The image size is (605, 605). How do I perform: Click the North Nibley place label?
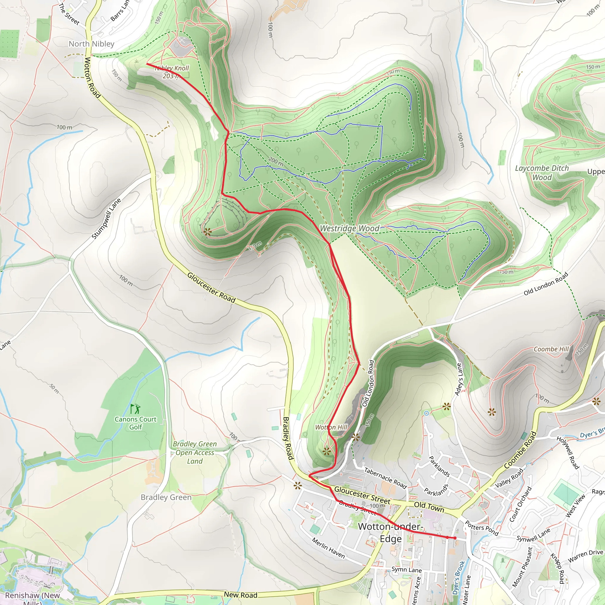92,44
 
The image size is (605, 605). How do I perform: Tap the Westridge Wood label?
349,229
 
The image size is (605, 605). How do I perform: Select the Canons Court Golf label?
135,423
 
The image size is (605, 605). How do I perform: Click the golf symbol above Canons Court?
135,409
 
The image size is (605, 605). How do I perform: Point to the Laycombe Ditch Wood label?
542,173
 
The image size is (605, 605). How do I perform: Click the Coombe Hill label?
551,349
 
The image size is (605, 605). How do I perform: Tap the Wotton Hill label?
331,427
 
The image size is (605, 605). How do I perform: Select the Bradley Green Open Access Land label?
194,453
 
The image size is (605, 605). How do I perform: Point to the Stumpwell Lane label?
106,219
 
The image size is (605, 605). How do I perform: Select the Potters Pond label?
481,528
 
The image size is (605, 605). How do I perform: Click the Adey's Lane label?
459,379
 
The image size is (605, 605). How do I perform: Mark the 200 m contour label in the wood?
276,162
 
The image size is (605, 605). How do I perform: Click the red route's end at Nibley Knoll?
147,64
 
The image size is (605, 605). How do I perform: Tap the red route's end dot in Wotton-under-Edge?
455,538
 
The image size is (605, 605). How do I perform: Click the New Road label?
240,595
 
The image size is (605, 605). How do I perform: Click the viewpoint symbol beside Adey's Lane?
447,407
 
